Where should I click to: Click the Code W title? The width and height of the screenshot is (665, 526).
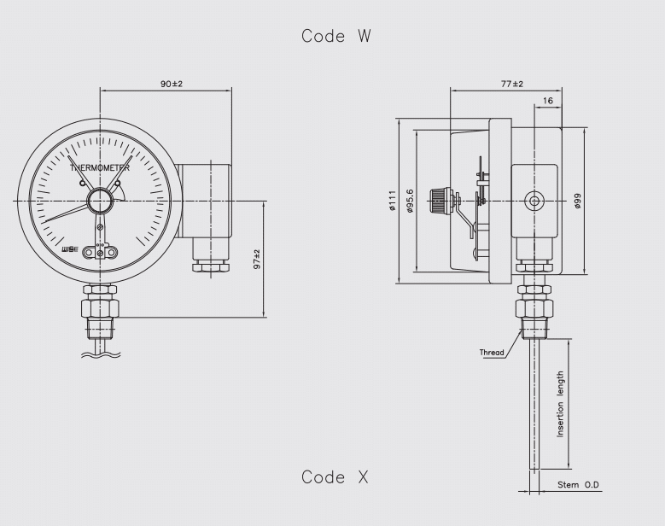335,36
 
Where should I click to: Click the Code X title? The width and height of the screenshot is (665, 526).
335,477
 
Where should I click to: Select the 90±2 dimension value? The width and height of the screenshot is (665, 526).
172,84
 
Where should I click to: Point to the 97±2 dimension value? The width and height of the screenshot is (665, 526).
257,260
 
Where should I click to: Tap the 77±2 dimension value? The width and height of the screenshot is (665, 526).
512,84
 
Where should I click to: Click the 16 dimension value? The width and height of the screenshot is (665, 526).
548,101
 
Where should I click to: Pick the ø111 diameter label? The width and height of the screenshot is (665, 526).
392,201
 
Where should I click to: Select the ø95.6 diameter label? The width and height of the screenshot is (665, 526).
409,201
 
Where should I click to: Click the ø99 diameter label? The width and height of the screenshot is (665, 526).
577,201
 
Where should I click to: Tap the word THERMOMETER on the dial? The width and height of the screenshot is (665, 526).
100,168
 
